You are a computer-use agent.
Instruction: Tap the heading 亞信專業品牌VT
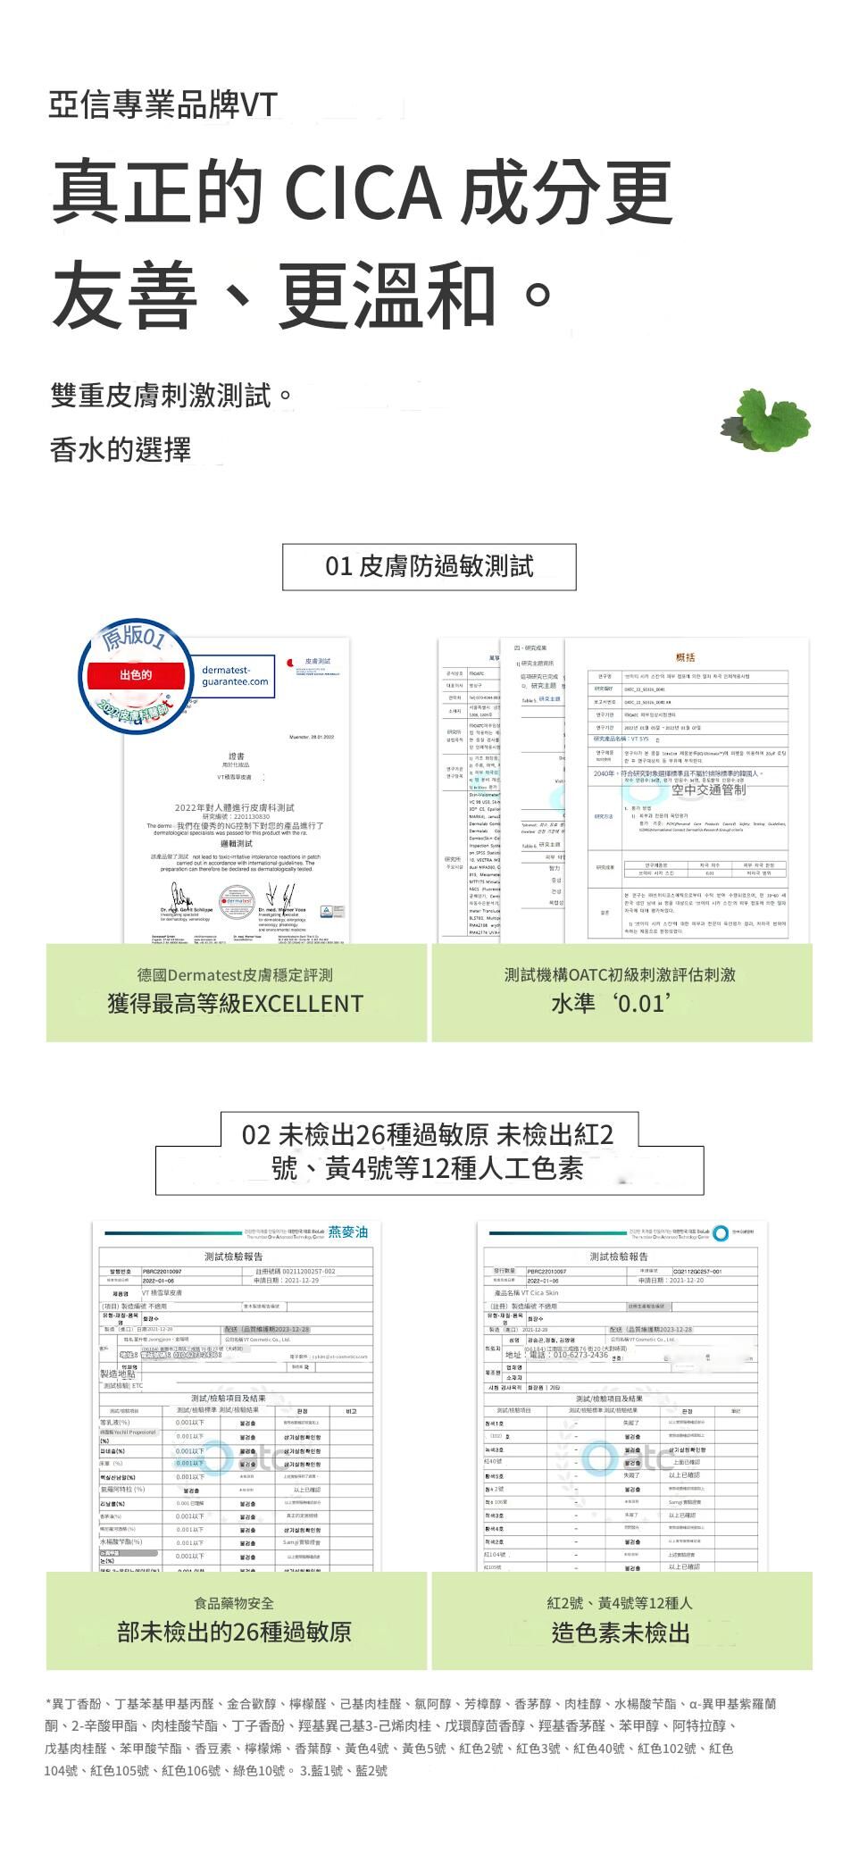(x=163, y=105)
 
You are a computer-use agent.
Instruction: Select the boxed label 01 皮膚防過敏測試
(x=429, y=566)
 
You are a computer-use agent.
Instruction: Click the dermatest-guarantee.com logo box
(x=234, y=676)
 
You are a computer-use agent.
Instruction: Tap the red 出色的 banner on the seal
(x=136, y=674)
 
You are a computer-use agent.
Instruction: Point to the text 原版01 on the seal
(x=133, y=636)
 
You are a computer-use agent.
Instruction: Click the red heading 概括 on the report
(x=685, y=657)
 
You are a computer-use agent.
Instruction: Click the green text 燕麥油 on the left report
(x=347, y=1232)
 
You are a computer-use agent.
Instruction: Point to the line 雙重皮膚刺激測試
(x=171, y=395)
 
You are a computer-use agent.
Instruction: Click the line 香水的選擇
(x=121, y=449)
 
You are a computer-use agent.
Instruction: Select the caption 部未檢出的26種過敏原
(x=234, y=1633)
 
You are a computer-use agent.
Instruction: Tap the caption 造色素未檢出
(x=621, y=1633)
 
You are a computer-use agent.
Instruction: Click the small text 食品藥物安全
(x=234, y=1603)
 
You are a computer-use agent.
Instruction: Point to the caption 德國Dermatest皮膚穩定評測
(x=235, y=974)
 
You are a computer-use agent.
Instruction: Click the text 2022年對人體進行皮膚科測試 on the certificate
(x=236, y=807)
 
